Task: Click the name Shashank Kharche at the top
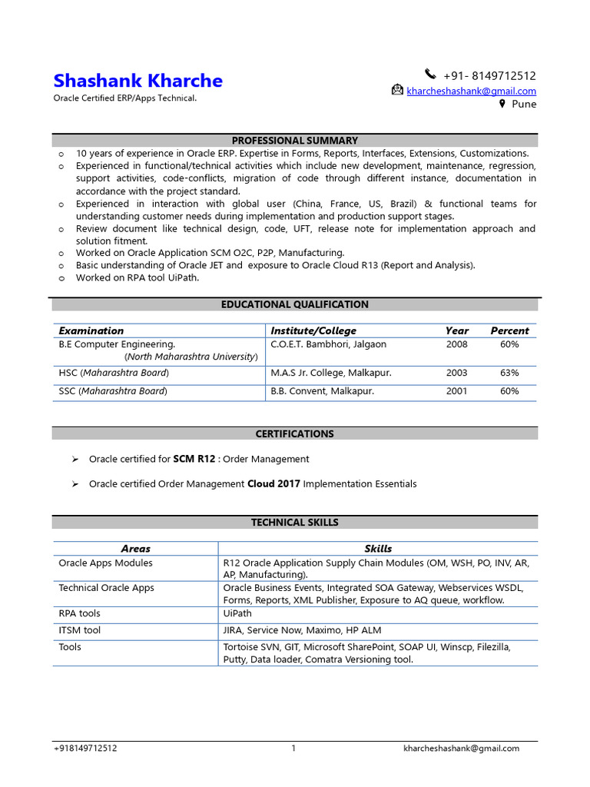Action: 138,81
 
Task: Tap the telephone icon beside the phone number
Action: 429,75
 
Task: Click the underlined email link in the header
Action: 471,91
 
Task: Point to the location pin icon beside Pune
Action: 502,104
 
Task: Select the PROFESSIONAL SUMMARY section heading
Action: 295,141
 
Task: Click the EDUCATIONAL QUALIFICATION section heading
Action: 295,304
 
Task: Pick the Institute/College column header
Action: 313,330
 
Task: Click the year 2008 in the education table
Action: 456,344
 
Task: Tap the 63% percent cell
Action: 509,373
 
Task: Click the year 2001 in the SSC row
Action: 456,391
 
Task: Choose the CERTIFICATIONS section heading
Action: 295,433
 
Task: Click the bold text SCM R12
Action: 194,459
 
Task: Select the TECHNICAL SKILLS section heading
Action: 295,523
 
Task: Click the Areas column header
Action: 136,549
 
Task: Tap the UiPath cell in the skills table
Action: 237,613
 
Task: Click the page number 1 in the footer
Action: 293,749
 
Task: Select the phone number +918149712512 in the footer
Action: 85,749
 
